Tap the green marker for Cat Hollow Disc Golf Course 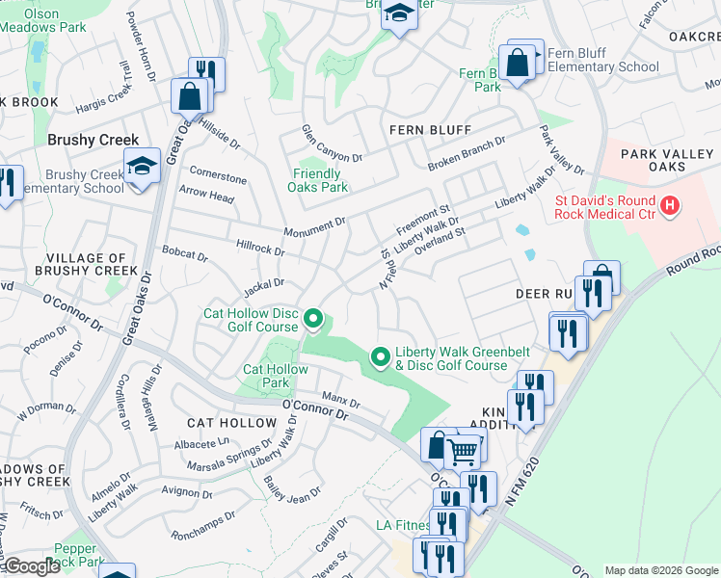312,318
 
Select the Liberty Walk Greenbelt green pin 381,357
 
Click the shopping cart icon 463,450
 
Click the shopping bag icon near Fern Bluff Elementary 518,63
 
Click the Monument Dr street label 314,228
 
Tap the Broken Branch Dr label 467,155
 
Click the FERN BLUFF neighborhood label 430,130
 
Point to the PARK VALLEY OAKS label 654,160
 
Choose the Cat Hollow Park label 266,376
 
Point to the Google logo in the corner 31,566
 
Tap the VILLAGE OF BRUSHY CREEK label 87,265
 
